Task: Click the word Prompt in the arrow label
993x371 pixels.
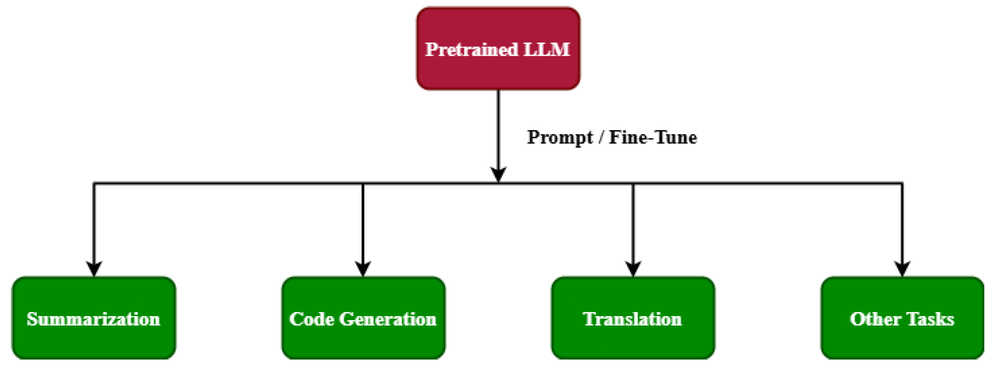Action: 559,138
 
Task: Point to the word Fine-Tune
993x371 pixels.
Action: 653,138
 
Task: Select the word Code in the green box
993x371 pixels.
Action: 311,319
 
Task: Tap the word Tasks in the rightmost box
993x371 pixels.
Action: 929,319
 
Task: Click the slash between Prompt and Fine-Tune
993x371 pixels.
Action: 601,138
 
